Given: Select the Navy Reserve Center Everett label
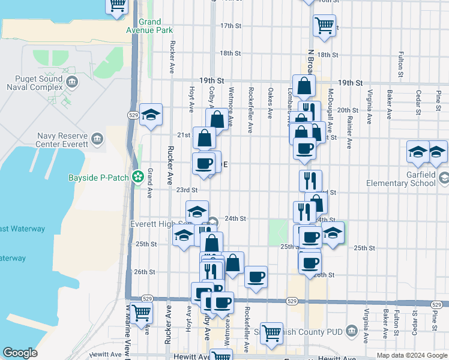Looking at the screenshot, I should coord(62,140).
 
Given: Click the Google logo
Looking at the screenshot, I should coord(20,353).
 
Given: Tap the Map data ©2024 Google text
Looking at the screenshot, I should coord(411,355).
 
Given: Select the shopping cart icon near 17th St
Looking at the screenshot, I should coord(324,25).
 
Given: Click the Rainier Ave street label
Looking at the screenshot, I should coord(349,126).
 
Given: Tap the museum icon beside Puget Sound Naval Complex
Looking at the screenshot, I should coord(72,82).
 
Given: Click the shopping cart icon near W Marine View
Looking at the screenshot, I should coord(141,312).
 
